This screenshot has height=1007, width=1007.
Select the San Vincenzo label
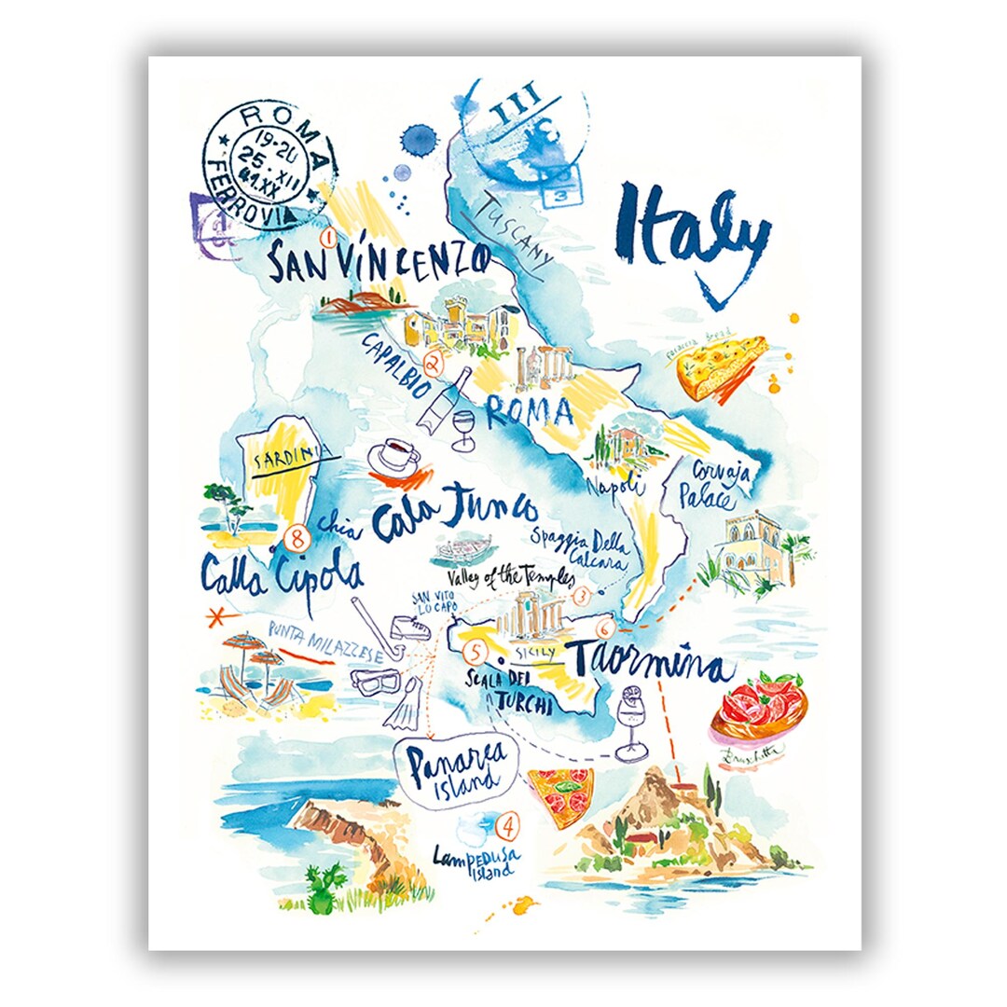[378, 260]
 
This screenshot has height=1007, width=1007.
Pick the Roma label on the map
[528, 411]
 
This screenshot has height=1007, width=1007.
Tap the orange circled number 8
[297, 538]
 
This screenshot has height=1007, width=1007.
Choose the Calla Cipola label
[280, 572]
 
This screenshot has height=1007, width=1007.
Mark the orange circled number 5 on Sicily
[476, 652]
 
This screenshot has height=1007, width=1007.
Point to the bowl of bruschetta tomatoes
[758, 709]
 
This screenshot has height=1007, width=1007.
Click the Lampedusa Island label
[476, 859]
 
